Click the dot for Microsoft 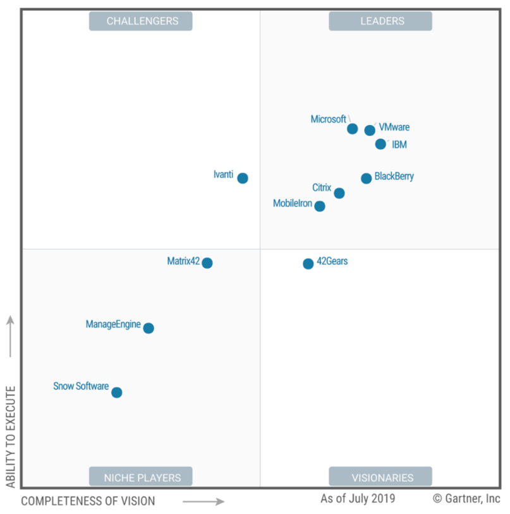coord(353,129)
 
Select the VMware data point coord(370,130)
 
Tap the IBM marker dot coord(380,144)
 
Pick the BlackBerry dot coord(367,178)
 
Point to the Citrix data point coord(339,193)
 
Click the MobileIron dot coord(320,206)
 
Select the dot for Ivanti coord(243,178)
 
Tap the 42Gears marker coord(308,263)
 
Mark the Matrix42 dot coord(207,263)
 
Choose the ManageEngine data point coord(149,328)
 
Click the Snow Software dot coord(116,392)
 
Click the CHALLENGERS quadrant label coord(140,21)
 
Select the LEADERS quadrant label coord(380,21)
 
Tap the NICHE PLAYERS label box coord(140,477)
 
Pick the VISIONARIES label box coord(380,477)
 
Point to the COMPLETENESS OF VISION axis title coord(88,501)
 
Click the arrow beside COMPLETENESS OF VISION coord(204,501)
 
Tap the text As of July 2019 coord(358,499)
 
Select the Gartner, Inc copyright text coord(466,499)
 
